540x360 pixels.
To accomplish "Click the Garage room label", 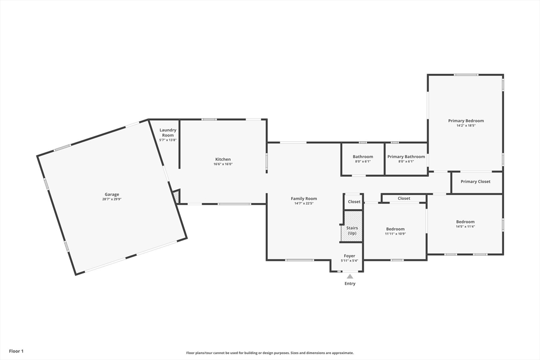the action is [x=112, y=194].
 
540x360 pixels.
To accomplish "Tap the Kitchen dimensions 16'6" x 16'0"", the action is [x=223, y=164].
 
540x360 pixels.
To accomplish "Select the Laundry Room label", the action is [x=168, y=132].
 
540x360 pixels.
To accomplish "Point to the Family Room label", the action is [x=304, y=199].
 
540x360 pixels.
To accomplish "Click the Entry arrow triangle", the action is [x=350, y=276].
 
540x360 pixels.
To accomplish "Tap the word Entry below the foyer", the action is [x=350, y=284].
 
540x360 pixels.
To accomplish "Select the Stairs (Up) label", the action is [x=352, y=230].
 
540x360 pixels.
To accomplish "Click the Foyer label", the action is [x=350, y=256].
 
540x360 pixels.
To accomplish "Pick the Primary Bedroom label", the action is [x=466, y=121].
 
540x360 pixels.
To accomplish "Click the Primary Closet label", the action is [x=476, y=182].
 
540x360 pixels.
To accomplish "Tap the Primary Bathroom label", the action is [x=407, y=157].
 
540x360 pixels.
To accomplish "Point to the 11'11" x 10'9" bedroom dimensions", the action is [x=396, y=233].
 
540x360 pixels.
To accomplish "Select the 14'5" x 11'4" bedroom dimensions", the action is [x=466, y=227].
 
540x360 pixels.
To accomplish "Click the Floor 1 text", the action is [x=16, y=352].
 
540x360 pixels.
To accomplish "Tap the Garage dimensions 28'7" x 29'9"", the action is [x=112, y=199].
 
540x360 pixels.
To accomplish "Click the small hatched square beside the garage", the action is [x=176, y=197].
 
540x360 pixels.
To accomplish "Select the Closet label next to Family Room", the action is [x=354, y=202].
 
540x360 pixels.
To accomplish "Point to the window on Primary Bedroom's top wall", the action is [x=466, y=75].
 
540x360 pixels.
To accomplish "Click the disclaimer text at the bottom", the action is [x=270, y=353].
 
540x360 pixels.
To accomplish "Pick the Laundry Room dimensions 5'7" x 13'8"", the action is [x=168, y=140].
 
